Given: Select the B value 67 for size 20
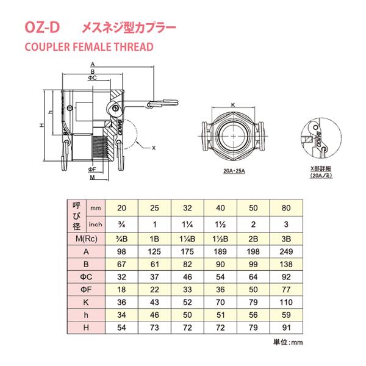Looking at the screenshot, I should pyautogui.click(x=123, y=264).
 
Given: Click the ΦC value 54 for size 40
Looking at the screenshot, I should pyautogui.click(x=220, y=276).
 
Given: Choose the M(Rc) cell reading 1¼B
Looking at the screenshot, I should pyautogui.click(x=187, y=237).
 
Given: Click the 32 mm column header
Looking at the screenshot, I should pyautogui.click(x=187, y=209).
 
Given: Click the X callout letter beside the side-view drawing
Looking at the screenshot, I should pyautogui.click(x=154, y=147).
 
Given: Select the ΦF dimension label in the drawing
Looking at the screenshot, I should pyautogui.click(x=90, y=168).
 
